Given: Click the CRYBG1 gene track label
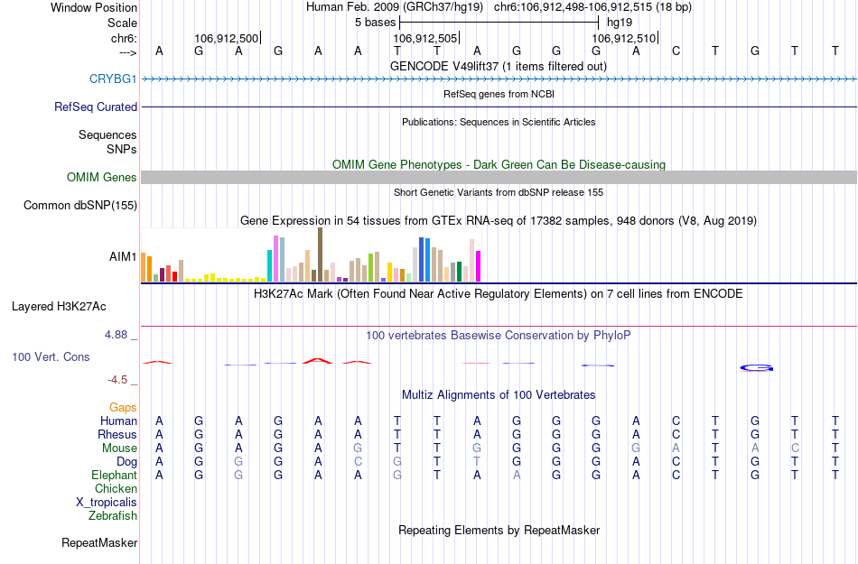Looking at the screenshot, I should click(113, 79).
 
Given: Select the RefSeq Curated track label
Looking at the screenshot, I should click(96, 107).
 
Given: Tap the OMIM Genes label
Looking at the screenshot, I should click(102, 178).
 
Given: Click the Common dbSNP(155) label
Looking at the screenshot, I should click(79, 206).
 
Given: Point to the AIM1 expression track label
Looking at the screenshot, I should click(123, 257).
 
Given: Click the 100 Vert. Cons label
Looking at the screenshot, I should click(51, 357).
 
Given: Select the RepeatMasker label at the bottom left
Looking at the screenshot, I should click(99, 543).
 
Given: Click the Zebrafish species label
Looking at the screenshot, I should click(113, 516).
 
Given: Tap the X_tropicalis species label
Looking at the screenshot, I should click(107, 503).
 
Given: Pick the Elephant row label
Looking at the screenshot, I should click(114, 476).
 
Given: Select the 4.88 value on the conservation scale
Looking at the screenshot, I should click(120, 335).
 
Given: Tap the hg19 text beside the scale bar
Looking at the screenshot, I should click(620, 22).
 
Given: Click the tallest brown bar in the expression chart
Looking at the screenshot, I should click(320, 254).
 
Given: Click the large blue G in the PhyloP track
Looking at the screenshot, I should click(757, 367).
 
